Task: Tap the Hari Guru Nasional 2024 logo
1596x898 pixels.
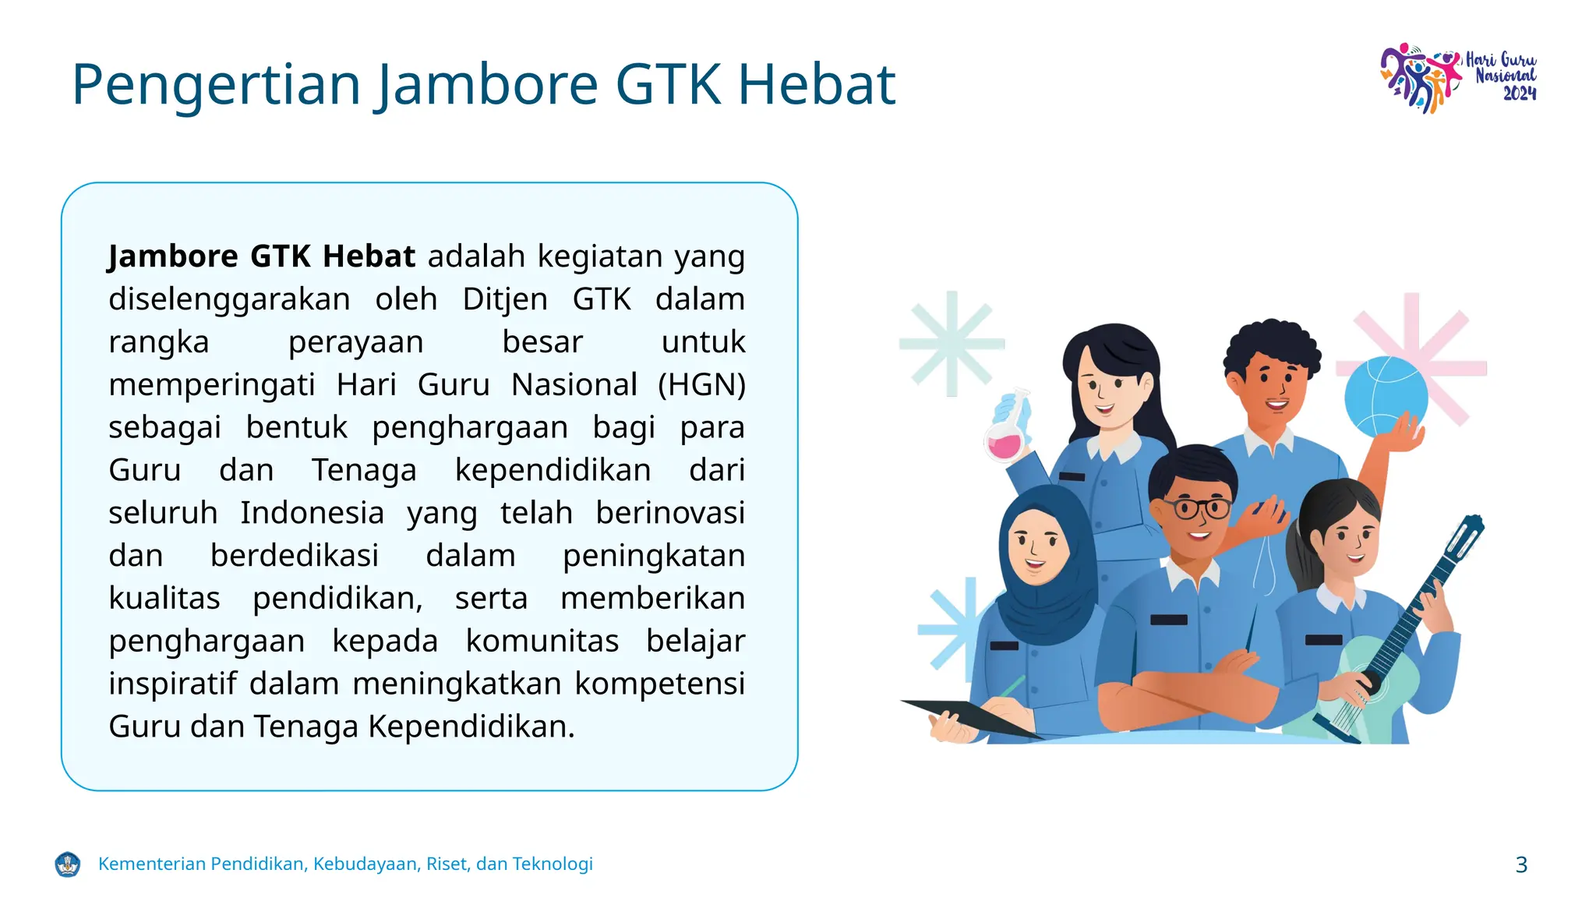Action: pos(1458,77)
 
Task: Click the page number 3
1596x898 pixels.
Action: pos(1521,864)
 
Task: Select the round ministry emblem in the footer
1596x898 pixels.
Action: pos(68,864)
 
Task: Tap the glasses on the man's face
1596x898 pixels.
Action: pos(1192,509)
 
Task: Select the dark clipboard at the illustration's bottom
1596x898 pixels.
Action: pos(974,716)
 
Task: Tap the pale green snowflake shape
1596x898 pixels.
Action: pos(951,343)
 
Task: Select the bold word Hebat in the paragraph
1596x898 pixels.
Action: pos(369,256)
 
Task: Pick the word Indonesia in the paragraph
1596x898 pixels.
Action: pos(312,513)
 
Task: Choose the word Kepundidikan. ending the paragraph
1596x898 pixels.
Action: pos(471,727)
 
